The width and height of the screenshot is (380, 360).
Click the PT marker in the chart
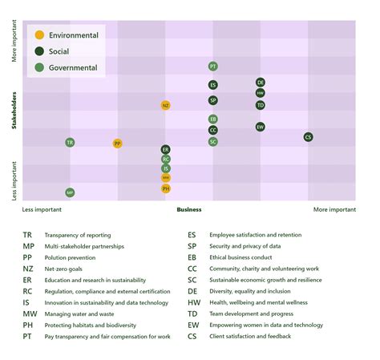212,67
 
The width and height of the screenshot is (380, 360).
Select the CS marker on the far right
308,137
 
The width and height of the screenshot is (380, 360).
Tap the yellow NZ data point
165,105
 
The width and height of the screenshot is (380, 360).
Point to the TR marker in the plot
70,142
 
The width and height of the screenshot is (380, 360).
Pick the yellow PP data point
118,144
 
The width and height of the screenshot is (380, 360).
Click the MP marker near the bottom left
70,192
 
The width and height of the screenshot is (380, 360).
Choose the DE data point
261,83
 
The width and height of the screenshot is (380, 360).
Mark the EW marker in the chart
261,127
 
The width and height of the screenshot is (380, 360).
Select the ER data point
165,149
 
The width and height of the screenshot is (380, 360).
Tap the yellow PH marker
165,188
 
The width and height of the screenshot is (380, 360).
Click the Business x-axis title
189,210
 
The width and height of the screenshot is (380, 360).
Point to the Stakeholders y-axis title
14,120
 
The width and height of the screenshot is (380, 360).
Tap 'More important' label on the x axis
334,210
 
